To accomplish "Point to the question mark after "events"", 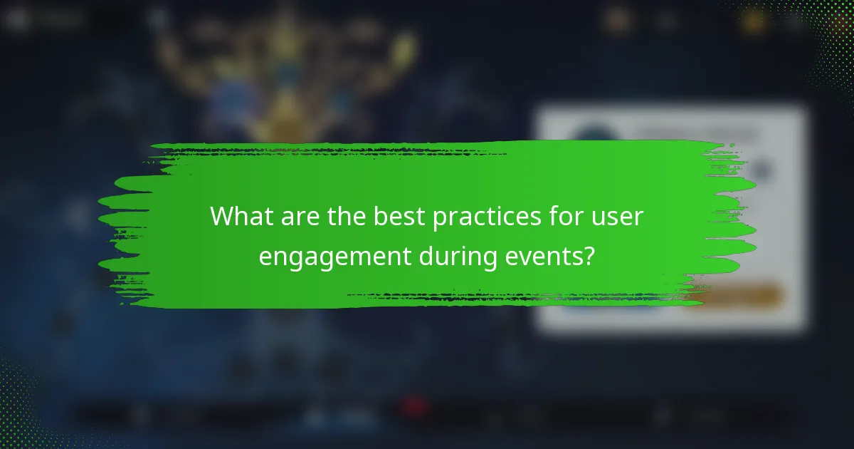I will coord(589,256).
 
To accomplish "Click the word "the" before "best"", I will coord(349,217).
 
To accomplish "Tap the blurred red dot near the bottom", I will coord(413,407).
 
